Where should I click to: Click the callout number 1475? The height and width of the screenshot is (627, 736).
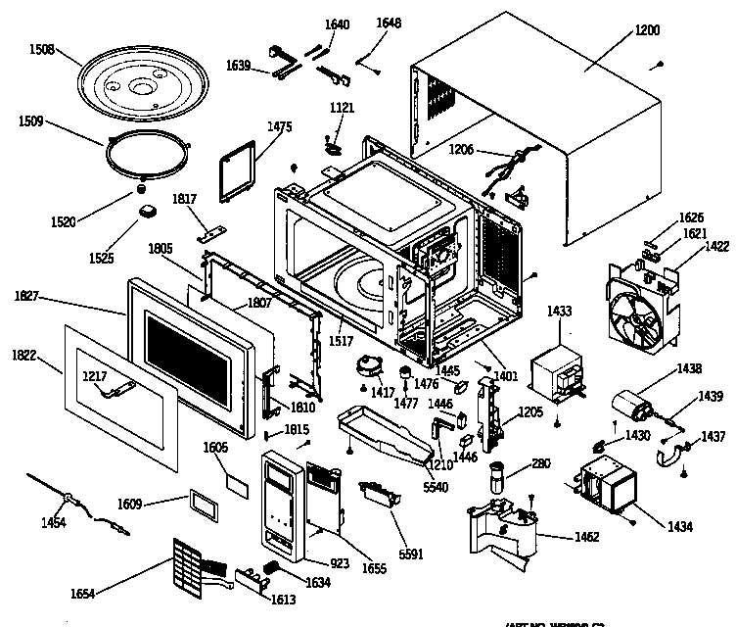(280, 126)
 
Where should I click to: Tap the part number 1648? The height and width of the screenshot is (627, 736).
(389, 24)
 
